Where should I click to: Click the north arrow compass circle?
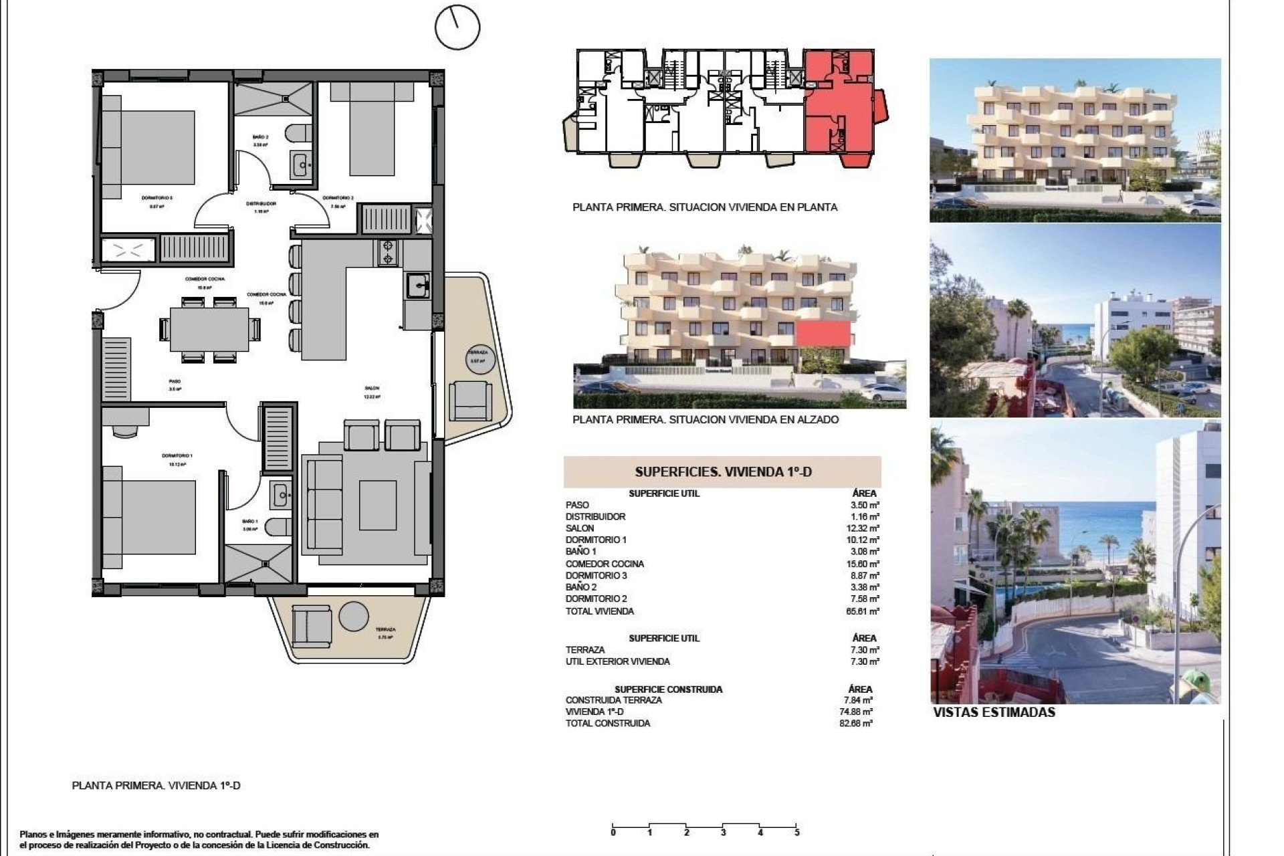[x=457, y=27]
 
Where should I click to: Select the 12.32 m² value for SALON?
[x=865, y=528]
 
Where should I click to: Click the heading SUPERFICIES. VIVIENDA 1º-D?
[x=723, y=472]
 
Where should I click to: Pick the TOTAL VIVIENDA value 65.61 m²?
[x=865, y=611]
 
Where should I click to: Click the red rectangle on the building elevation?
[x=823, y=333]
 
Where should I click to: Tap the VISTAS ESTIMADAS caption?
[x=994, y=713]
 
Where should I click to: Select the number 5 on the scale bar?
[x=796, y=833]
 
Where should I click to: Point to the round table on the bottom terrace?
[x=354, y=616]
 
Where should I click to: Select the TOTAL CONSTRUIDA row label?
[x=607, y=724]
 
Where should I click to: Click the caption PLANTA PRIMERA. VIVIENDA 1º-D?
[x=156, y=786]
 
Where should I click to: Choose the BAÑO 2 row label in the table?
[x=580, y=587]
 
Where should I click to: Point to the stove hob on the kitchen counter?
[x=389, y=253]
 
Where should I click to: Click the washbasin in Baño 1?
[x=280, y=496]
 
